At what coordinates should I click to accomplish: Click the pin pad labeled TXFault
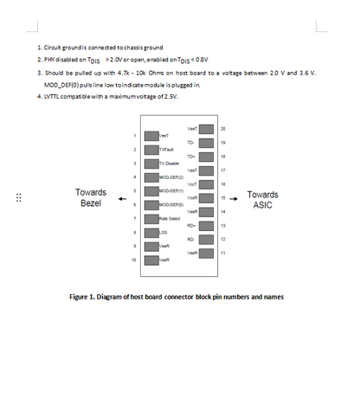point(151,149)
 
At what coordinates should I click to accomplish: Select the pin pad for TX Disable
point(151,163)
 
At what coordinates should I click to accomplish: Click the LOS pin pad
point(151,232)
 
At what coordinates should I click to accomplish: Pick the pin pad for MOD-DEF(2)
point(151,177)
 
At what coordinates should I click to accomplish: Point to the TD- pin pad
point(207,142)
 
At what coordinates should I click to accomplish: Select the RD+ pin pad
point(207,225)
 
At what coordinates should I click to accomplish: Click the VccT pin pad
point(207,183)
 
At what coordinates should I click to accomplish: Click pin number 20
point(223,128)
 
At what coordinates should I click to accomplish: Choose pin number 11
point(223,253)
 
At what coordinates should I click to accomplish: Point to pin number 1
point(134,136)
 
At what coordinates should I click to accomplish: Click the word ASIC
point(262,205)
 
